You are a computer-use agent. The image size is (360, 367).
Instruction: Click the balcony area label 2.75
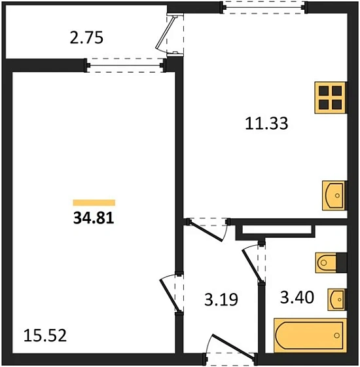[x=86, y=38]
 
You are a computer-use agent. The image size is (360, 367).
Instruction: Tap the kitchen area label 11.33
[x=266, y=124]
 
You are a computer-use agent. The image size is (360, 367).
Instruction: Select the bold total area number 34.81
[x=94, y=218]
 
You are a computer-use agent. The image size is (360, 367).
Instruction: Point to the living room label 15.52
[x=45, y=336]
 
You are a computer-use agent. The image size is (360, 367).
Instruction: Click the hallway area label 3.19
[x=221, y=299]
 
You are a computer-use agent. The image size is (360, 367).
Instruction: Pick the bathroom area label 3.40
[x=297, y=298]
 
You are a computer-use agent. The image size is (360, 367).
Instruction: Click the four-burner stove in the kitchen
[x=331, y=98]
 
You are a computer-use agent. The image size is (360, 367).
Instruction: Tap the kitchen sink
[x=334, y=195]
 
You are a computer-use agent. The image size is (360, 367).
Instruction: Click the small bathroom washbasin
[x=336, y=299]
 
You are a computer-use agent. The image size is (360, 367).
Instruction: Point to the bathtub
[x=310, y=336]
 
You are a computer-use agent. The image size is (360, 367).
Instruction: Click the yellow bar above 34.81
[x=94, y=203]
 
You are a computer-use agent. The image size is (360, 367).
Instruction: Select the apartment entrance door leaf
[x=232, y=347]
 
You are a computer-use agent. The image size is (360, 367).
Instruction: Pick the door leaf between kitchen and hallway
[x=206, y=231]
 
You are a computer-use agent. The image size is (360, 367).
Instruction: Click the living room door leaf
[x=170, y=296]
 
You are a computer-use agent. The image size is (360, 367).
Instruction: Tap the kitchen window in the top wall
[x=264, y=7]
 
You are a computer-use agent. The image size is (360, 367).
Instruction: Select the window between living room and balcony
[x=125, y=66]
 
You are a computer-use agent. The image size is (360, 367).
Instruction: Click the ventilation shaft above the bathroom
[x=275, y=233]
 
